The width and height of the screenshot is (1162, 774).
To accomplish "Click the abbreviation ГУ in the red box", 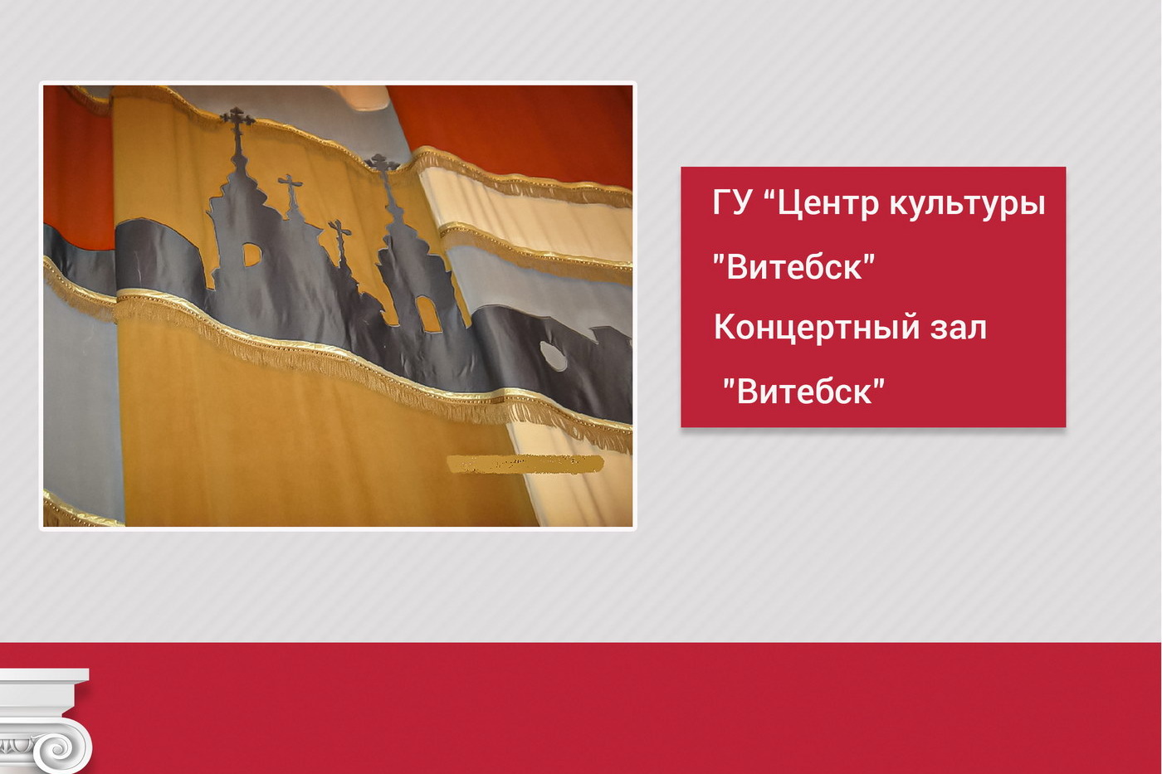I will click(x=731, y=203).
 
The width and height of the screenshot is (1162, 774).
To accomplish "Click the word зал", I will click(x=958, y=328).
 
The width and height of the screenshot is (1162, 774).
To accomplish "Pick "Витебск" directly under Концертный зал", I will click(x=803, y=391).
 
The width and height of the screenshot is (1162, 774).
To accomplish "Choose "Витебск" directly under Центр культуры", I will click(x=794, y=267).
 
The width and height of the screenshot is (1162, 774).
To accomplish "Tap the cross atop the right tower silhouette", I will click(x=383, y=163).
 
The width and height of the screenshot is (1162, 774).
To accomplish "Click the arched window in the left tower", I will click(x=250, y=255).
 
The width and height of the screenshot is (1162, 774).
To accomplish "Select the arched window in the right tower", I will click(x=428, y=314).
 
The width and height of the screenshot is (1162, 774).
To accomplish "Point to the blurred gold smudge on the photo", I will click(x=525, y=464).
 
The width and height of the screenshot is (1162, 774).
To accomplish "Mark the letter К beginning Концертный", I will click(x=724, y=328).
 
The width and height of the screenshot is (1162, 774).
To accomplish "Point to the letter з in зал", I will click(x=937, y=329).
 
